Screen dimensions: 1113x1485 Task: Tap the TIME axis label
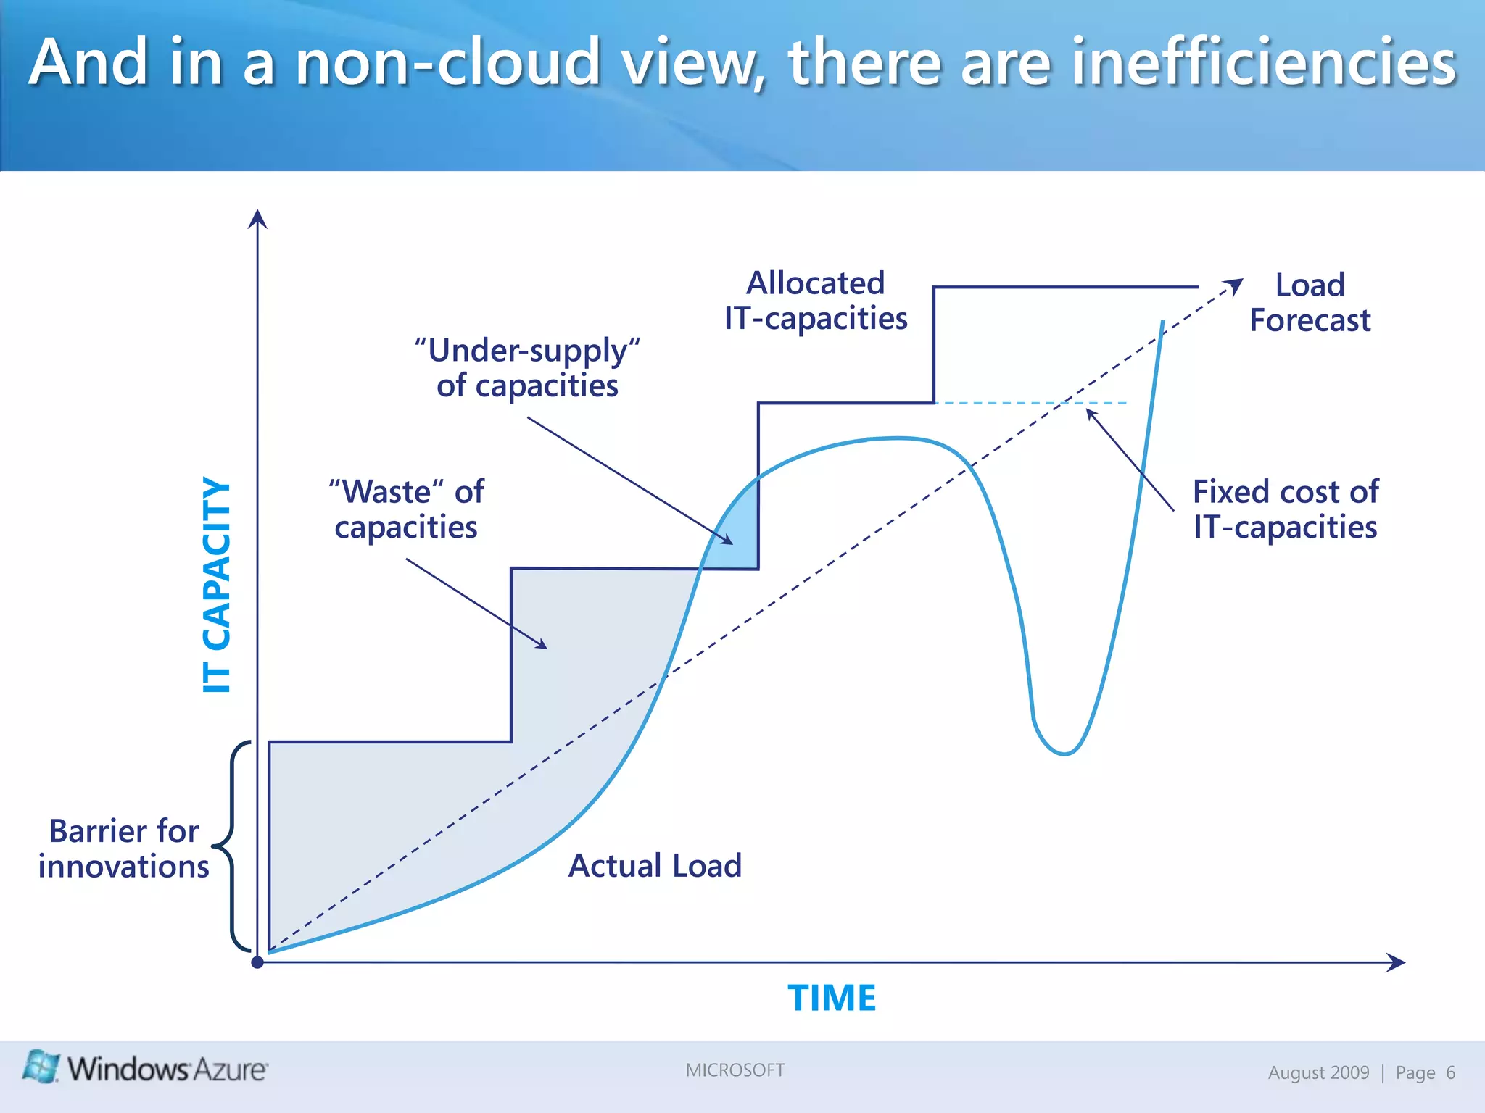(832, 998)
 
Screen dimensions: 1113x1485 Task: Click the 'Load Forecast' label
(1310, 302)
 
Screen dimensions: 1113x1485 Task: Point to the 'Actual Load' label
(655, 865)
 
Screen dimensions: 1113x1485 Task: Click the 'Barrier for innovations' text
(124, 849)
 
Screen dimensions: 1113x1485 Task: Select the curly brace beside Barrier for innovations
(232, 846)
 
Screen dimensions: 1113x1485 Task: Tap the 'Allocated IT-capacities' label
(816, 301)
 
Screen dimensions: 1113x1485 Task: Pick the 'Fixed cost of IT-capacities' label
(1285, 509)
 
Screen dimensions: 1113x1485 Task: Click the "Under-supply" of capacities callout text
(527, 367)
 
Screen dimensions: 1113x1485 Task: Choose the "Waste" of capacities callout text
(406, 509)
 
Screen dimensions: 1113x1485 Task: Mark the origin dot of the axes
(257, 962)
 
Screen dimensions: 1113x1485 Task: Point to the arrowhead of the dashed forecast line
(1235, 285)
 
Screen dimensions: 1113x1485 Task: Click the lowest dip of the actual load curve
(1064, 754)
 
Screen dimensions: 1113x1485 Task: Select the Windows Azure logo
(145, 1068)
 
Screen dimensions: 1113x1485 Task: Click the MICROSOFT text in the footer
(735, 1070)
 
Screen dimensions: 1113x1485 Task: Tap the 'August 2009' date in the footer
(1318, 1072)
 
